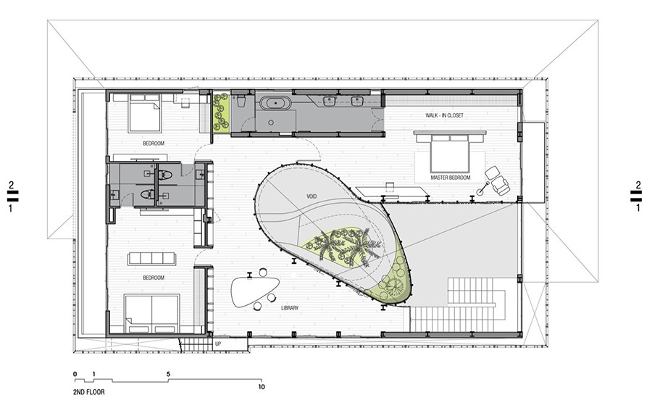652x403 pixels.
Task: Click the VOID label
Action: pyautogui.click(x=312, y=196)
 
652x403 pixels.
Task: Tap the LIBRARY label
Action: pyautogui.click(x=290, y=308)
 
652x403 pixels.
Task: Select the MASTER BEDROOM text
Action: pyautogui.click(x=451, y=178)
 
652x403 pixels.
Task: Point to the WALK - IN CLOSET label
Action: pyautogui.click(x=444, y=115)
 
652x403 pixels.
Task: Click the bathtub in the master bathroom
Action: pyautogui.click(x=275, y=104)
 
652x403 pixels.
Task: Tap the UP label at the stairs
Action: pyautogui.click(x=218, y=344)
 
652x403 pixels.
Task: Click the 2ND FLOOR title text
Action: pyautogui.click(x=88, y=392)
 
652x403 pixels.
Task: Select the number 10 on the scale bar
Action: pyautogui.click(x=261, y=387)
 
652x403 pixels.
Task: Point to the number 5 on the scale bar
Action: pyautogui.click(x=168, y=374)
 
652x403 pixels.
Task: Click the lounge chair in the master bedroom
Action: pyautogui.click(x=498, y=180)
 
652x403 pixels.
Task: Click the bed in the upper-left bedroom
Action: pyautogui.click(x=144, y=113)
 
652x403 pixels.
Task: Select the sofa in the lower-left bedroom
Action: pyautogui.click(x=152, y=258)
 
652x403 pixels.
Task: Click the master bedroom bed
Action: pyautogui.click(x=450, y=152)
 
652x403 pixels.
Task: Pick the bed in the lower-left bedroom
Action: pyautogui.click(x=152, y=314)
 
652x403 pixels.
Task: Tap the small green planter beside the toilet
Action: pyautogui.click(x=221, y=112)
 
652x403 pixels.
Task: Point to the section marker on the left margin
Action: pyautogui.click(x=11, y=196)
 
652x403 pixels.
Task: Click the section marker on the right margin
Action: pyautogui.click(x=638, y=196)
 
